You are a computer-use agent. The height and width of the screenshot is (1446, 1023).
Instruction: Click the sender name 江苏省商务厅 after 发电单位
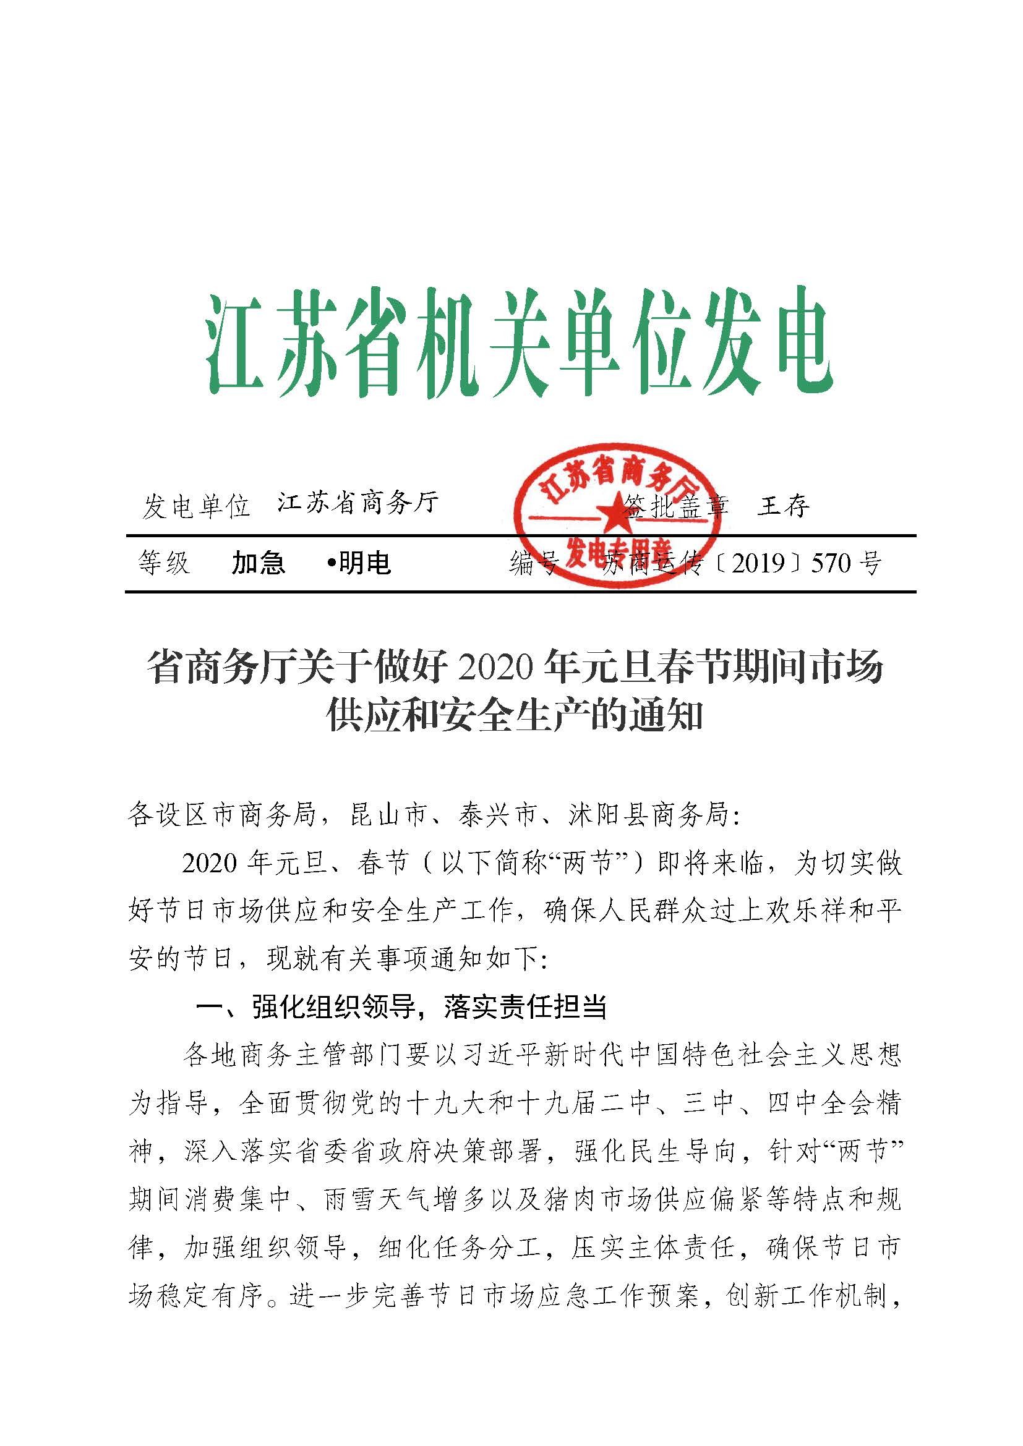click(x=357, y=503)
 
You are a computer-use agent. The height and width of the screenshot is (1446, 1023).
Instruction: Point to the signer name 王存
click(x=783, y=506)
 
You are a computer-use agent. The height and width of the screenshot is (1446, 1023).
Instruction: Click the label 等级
click(x=164, y=563)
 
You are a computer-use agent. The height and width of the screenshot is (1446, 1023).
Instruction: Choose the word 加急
click(x=259, y=563)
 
